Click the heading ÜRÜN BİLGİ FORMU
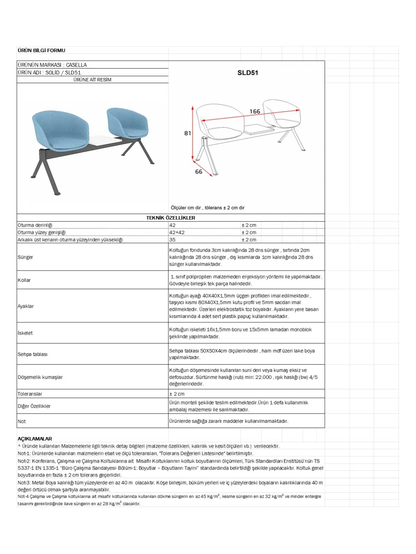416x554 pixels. click(41, 51)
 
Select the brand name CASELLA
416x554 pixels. click(76, 65)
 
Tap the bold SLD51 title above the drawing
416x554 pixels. click(248, 73)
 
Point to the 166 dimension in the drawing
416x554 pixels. click(255, 111)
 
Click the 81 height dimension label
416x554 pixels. click(188, 133)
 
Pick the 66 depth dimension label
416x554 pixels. click(199, 172)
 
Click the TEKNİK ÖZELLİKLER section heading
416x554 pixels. click(171, 218)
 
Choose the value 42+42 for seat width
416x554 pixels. click(177, 233)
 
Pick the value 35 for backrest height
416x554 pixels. click(172, 240)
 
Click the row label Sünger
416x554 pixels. click(25, 257)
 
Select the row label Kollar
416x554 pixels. click(24, 280)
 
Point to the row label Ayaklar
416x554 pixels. click(26, 306)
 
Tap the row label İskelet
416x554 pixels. click(25, 333)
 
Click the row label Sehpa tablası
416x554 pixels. click(33, 354)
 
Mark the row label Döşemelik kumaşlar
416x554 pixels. click(40, 377)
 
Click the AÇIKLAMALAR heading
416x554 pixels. click(35, 439)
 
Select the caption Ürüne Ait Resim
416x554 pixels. click(92, 80)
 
